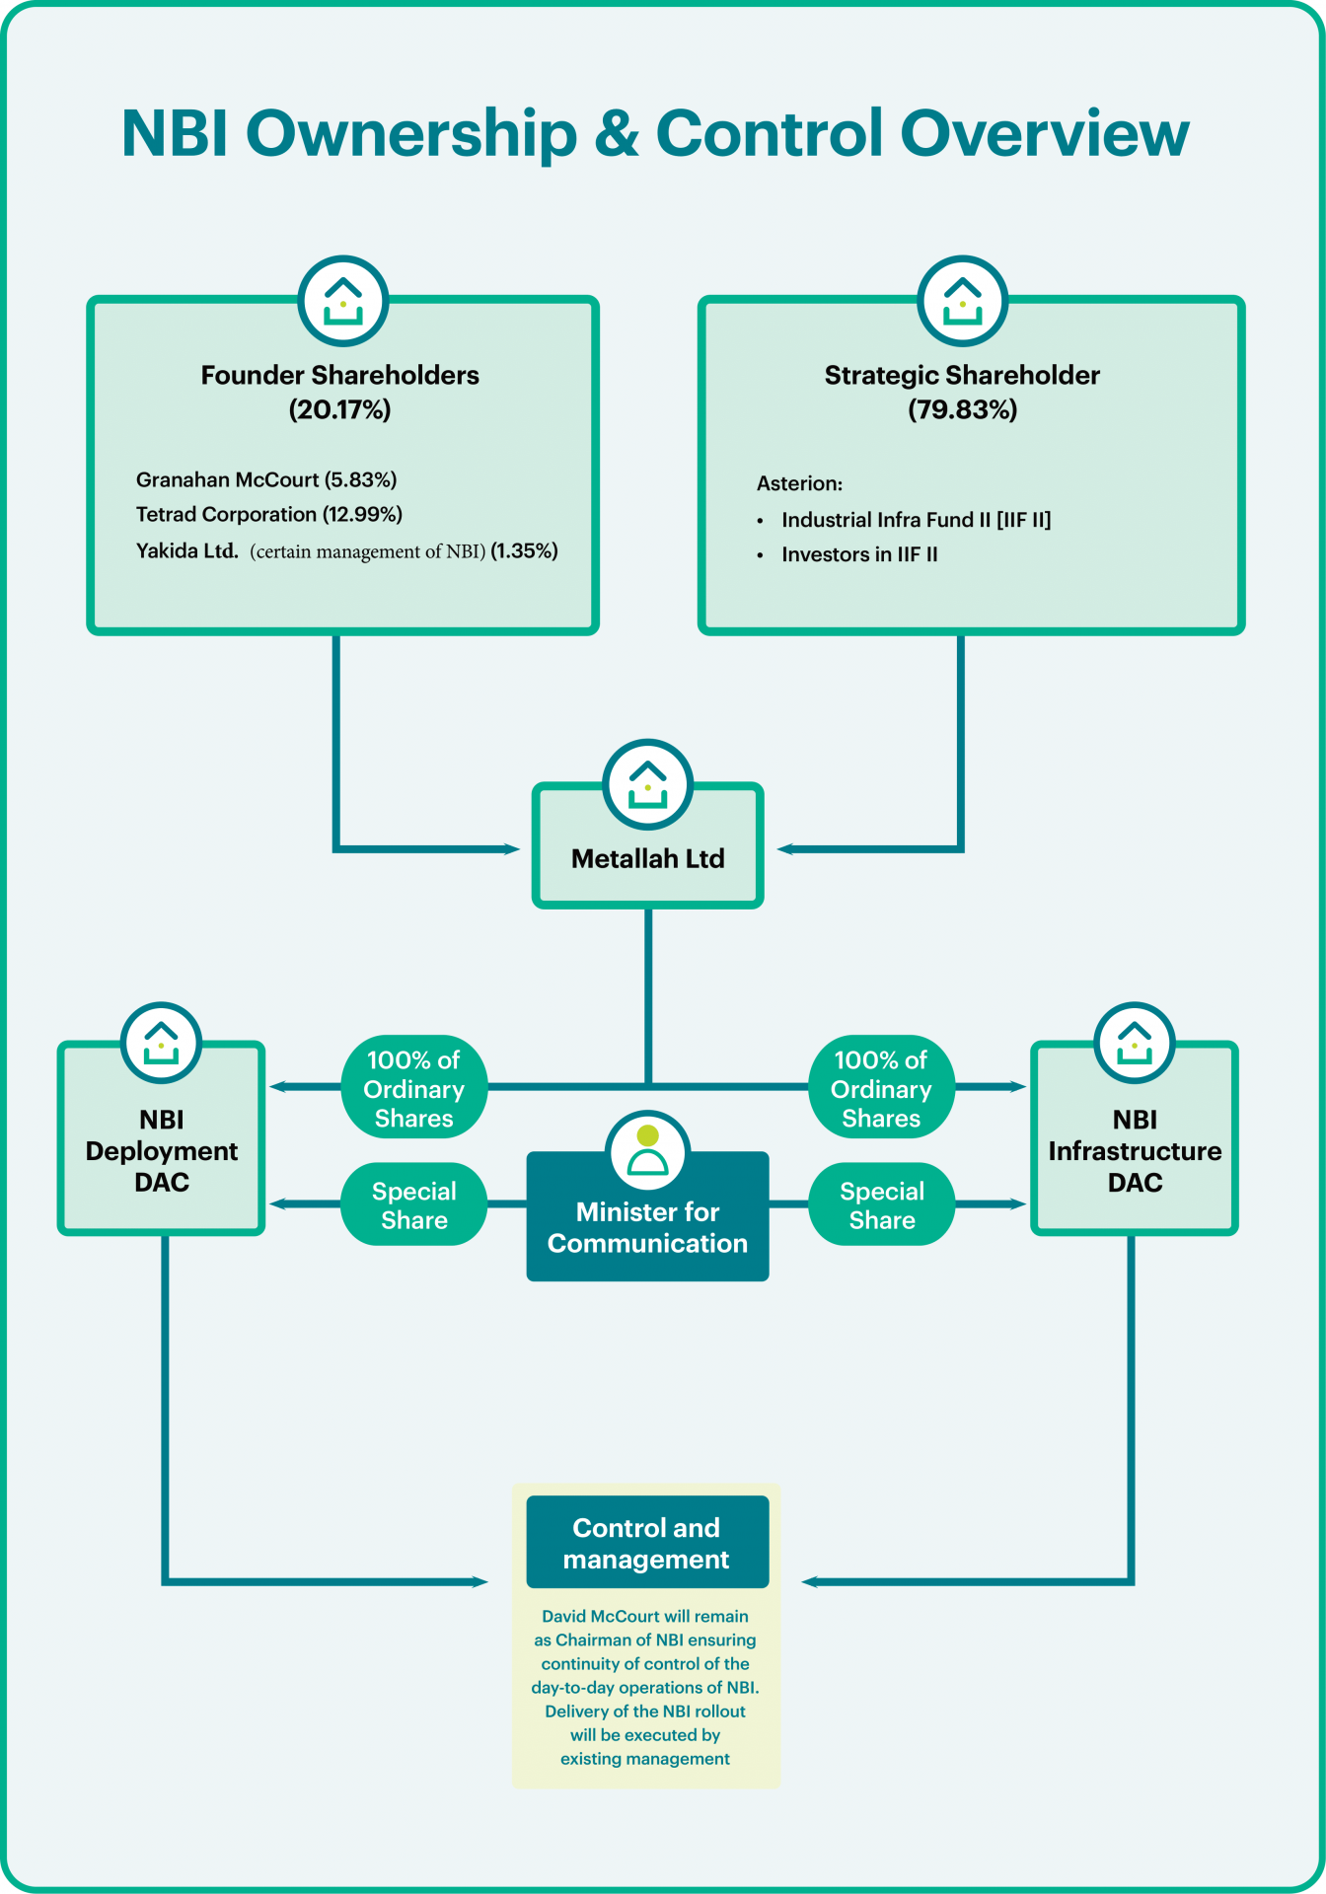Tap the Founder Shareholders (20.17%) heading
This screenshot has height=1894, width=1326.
[339, 392]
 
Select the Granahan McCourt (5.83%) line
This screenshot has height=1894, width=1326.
[266, 479]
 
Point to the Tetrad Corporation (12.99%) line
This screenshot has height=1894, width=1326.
[269, 514]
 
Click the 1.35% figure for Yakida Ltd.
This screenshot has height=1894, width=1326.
[525, 550]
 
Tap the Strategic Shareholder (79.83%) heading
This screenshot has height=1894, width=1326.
[962, 392]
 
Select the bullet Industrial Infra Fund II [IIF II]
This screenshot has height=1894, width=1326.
[916, 520]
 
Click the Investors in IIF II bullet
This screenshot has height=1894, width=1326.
[859, 554]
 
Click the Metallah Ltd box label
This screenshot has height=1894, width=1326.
[647, 858]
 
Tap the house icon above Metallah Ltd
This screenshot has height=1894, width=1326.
[647, 784]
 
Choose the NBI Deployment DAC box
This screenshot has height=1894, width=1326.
[162, 1150]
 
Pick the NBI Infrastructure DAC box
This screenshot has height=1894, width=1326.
[1135, 1150]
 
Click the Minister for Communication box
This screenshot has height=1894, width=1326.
[647, 1227]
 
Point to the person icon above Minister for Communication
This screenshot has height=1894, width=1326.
[647, 1150]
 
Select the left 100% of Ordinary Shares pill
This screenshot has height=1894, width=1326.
[414, 1088]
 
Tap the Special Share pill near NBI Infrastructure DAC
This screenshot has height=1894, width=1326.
[882, 1204]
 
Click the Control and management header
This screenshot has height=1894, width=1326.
[647, 1543]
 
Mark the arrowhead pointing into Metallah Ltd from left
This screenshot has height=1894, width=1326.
[512, 848]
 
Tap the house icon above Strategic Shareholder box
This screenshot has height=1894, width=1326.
[962, 301]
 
